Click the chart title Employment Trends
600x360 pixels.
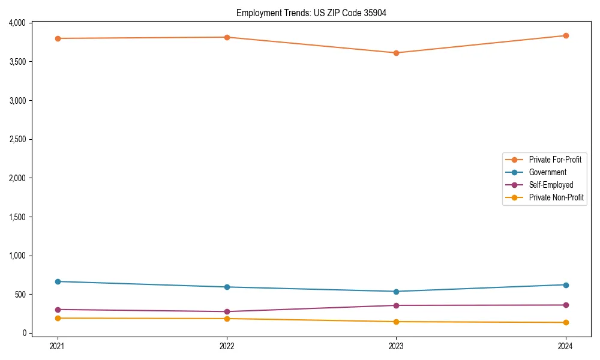click(x=311, y=13)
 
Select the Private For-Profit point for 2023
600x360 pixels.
click(x=396, y=53)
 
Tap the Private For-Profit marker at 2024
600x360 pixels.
click(x=565, y=35)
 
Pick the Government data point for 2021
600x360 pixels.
click(x=58, y=281)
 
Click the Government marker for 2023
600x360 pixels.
click(x=396, y=292)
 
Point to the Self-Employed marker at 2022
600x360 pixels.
click(x=227, y=311)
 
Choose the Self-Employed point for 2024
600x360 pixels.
click(x=565, y=305)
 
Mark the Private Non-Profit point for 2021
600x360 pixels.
click(x=58, y=318)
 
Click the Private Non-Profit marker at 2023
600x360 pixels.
click(x=396, y=322)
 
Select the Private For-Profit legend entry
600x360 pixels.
click(x=554, y=160)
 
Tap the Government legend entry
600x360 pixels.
click(x=547, y=172)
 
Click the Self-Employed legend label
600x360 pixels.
click(x=551, y=185)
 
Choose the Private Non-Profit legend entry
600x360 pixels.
click(x=556, y=197)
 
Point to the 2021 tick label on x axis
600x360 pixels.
click(x=58, y=346)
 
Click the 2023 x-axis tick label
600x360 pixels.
click(x=396, y=346)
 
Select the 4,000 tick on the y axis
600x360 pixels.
click(x=17, y=23)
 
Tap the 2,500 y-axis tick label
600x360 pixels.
click(x=17, y=139)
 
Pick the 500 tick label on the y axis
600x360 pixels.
click(x=21, y=294)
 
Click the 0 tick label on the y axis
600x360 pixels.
click(x=25, y=333)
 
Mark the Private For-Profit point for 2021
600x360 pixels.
click(x=58, y=38)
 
